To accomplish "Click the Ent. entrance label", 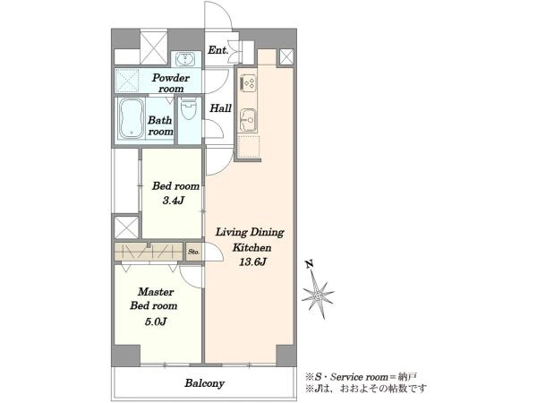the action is [217, 50].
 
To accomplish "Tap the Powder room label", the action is [171, 83].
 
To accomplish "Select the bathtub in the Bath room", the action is [131, 119].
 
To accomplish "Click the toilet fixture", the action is [188, 108].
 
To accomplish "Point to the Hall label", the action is [220, 108].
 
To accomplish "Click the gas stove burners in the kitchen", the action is [248, 82].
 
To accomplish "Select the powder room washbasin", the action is [186, 59].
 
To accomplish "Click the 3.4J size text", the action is [174, 201].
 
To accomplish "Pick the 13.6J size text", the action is [252, 262].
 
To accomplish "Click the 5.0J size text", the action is [156, 322].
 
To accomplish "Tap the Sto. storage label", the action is [193, 252].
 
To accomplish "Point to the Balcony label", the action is [204, 382].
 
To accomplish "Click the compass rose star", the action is [318, 296].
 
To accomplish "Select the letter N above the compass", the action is [310, 264].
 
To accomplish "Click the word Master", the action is [156, 292].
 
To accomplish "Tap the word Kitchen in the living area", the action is [252, 247].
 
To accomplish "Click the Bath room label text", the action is [160, 125].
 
